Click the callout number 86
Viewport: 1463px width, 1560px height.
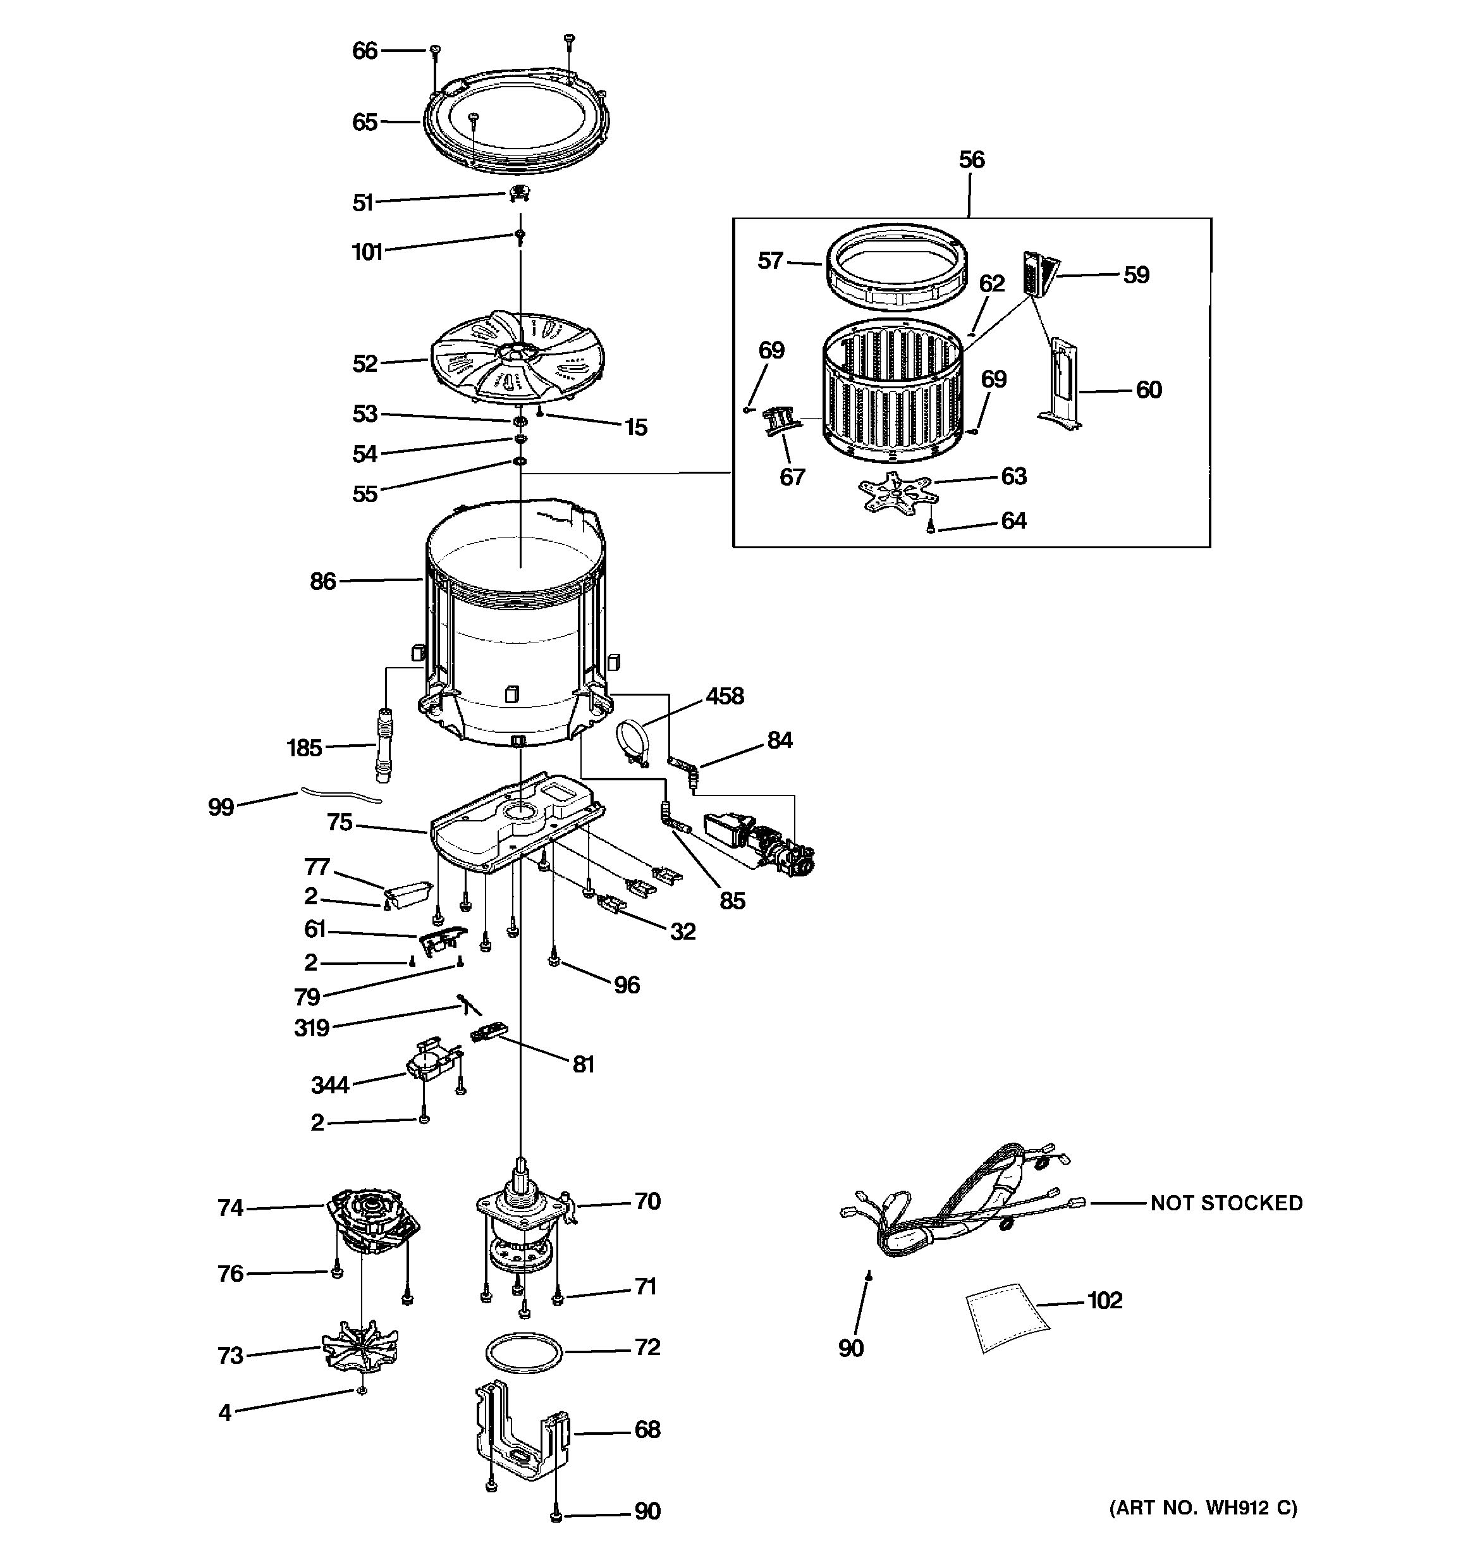tap(322, 582)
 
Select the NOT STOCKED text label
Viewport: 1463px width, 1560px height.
tap(1226, 1203)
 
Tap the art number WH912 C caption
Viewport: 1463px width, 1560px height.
tap(1203, 1508)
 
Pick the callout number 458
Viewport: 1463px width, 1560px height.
tap(724, 696)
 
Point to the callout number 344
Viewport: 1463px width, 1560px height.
tap(329, 1085)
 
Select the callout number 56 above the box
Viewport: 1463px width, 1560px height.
tap(971, 160)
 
